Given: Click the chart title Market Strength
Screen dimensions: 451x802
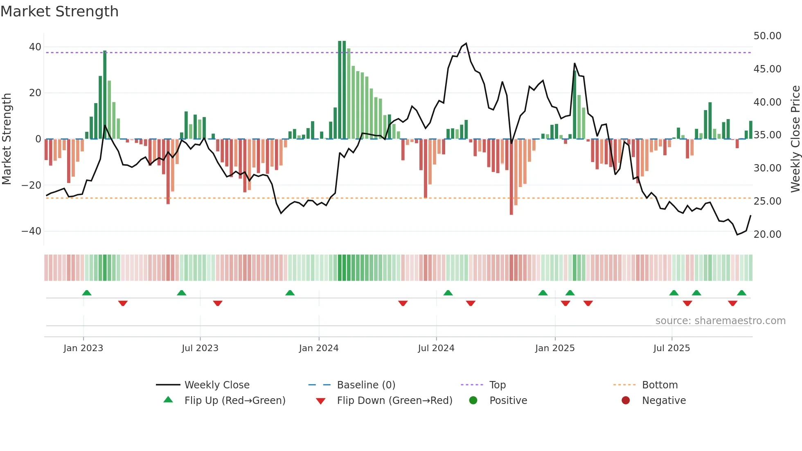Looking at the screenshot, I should [60, 11].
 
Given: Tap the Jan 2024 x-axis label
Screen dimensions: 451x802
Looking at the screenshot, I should [319, 348].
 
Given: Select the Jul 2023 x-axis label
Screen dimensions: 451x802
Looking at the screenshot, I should [200, 348].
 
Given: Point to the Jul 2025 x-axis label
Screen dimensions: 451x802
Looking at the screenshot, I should [671, 348].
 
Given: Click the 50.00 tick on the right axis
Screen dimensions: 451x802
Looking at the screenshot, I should [767, 36].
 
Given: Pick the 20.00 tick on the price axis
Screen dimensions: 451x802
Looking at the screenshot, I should [767, 235].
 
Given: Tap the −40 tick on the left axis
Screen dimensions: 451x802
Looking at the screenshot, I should [32, 231].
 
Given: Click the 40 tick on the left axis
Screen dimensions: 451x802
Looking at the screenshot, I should [35, 47].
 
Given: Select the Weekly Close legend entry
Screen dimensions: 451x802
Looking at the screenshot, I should [216, 385].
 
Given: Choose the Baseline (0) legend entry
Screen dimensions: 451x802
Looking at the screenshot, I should [366, 385].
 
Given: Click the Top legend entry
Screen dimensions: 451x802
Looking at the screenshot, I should [497, 385].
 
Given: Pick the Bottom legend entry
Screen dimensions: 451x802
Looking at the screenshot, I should [660, 385].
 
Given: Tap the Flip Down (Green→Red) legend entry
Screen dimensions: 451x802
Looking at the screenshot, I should [394, 401].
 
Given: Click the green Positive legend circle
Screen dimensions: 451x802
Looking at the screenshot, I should [473, 401].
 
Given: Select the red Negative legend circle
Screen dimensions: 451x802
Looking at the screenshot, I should [626, 401].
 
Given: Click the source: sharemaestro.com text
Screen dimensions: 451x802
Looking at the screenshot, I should [720, 321].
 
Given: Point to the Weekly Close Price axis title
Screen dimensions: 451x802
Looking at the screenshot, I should [795, 139].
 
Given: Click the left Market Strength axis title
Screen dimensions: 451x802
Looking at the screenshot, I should [7, 139].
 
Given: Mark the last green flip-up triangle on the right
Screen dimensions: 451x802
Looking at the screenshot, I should [741, 293].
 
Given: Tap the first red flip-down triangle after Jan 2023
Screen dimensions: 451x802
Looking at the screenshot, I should [123, 303].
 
